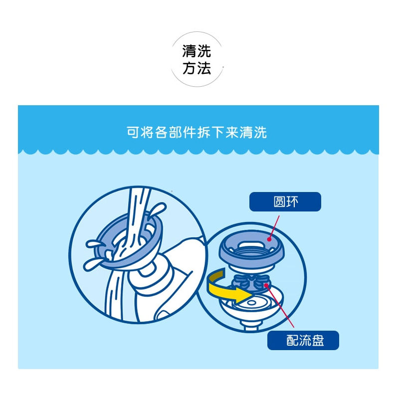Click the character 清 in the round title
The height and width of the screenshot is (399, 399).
(190, 51)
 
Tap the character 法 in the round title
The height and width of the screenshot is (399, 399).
(204, 68)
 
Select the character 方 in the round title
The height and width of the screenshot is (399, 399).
(190, 68)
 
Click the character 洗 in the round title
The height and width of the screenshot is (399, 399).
(204, 51)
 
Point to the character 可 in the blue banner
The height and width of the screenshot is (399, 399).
(132, 132)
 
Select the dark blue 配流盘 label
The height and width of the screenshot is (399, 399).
(303, 340)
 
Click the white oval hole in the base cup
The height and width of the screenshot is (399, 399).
(257, 303)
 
